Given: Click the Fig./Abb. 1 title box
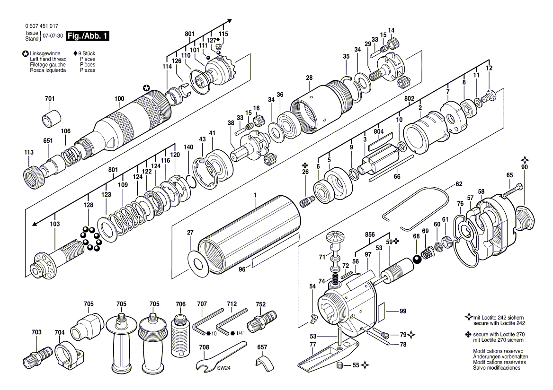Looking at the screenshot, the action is pyautogui.click(x=88, y=36).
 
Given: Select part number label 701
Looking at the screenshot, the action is pyautogui.click(x=50, y=98).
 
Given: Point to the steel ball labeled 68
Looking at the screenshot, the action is pyautogui.click(x=417, y=260).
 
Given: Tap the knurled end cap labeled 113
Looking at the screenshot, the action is pyautogui.click(x=35, y=176).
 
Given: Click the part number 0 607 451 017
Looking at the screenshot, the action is pyautogui.click(x=42, y=26).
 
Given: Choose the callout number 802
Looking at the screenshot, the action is pyautogui.click(x=409, y=98).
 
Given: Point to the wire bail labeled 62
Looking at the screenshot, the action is pyautogui.click(x=416, y=208).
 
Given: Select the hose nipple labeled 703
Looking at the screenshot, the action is pyautogui.click(x=38, y=355).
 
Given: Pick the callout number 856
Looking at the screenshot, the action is pyautogui.click(x=370, y=234).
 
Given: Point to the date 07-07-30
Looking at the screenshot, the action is pyautogui.click(x=53, y=36).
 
